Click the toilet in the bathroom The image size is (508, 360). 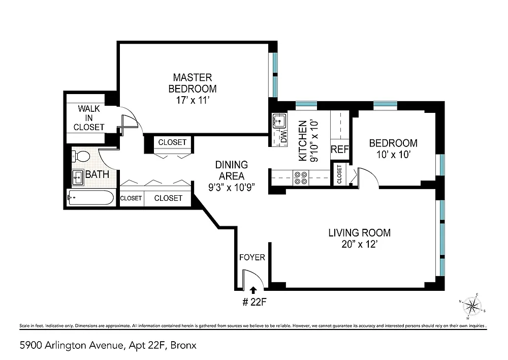point(81,156)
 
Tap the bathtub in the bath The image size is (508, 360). point(90,197)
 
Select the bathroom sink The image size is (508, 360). point(78,177)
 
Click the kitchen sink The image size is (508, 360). point(278,121)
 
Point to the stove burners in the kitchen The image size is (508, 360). point(300,178)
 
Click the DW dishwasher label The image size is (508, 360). point(283,137)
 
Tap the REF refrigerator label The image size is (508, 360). point(339,149)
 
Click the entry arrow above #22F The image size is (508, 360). point(253,290)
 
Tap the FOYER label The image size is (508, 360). point(252,257)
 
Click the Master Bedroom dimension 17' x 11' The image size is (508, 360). point(193,100)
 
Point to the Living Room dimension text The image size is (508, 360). point(360,244)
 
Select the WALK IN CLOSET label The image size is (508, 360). point(89,118)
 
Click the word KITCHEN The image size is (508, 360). point(302,141)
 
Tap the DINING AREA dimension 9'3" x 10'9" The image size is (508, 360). point(231,187)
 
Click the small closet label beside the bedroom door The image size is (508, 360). point(339,174)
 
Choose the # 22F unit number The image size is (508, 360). point(255,302)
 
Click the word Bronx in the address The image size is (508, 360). point(183,345)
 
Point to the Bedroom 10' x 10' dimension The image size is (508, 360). point(393,155)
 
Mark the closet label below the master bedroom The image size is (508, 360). point(172,142)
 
